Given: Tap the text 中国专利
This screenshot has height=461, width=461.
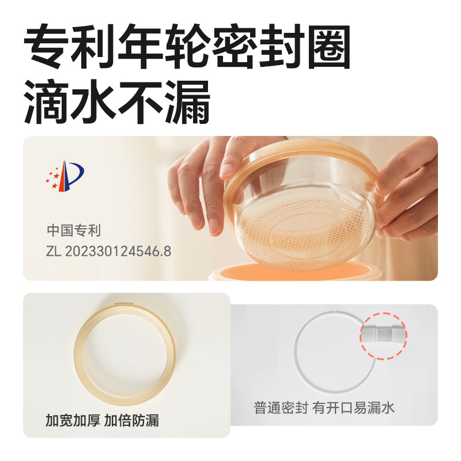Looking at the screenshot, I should (73, 231).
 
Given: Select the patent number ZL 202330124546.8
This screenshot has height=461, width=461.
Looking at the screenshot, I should (109, 251).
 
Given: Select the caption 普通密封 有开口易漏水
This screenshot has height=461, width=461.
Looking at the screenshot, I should (324, 407).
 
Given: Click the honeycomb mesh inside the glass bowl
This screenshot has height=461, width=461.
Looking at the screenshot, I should (288, 231).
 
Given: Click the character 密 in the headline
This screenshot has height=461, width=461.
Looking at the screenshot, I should (233, 49).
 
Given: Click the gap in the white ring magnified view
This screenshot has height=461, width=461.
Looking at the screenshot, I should (384, 334).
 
